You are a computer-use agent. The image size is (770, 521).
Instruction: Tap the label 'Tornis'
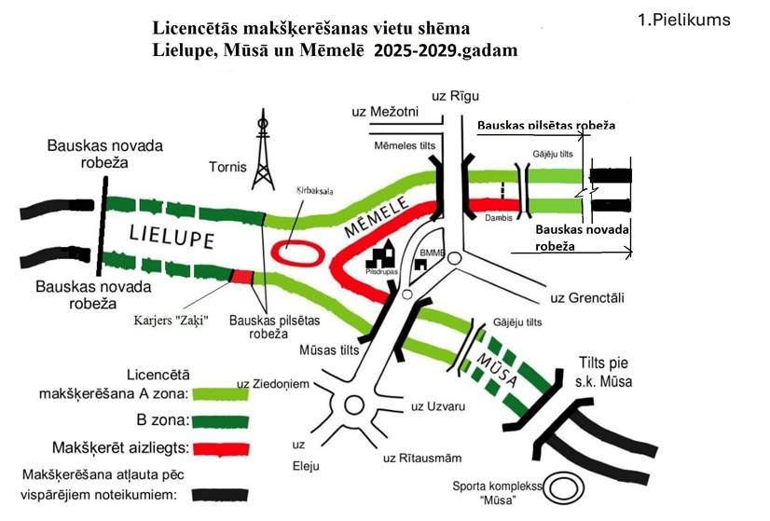(228, 169)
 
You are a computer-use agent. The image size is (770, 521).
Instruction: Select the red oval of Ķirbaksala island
(297, 252)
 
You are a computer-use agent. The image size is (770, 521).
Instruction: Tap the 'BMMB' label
(433, 250)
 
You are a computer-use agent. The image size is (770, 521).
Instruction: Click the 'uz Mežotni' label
(385, 112)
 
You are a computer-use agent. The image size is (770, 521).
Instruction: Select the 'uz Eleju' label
(299, 451)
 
